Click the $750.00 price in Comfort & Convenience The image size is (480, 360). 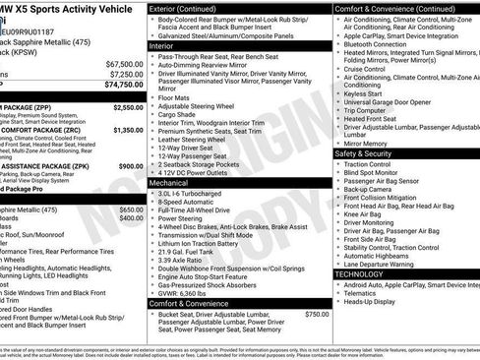click(x=317, y=314)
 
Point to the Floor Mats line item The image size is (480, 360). click(x=176, y=98)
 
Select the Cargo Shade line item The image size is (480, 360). click(x=179, y=115)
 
